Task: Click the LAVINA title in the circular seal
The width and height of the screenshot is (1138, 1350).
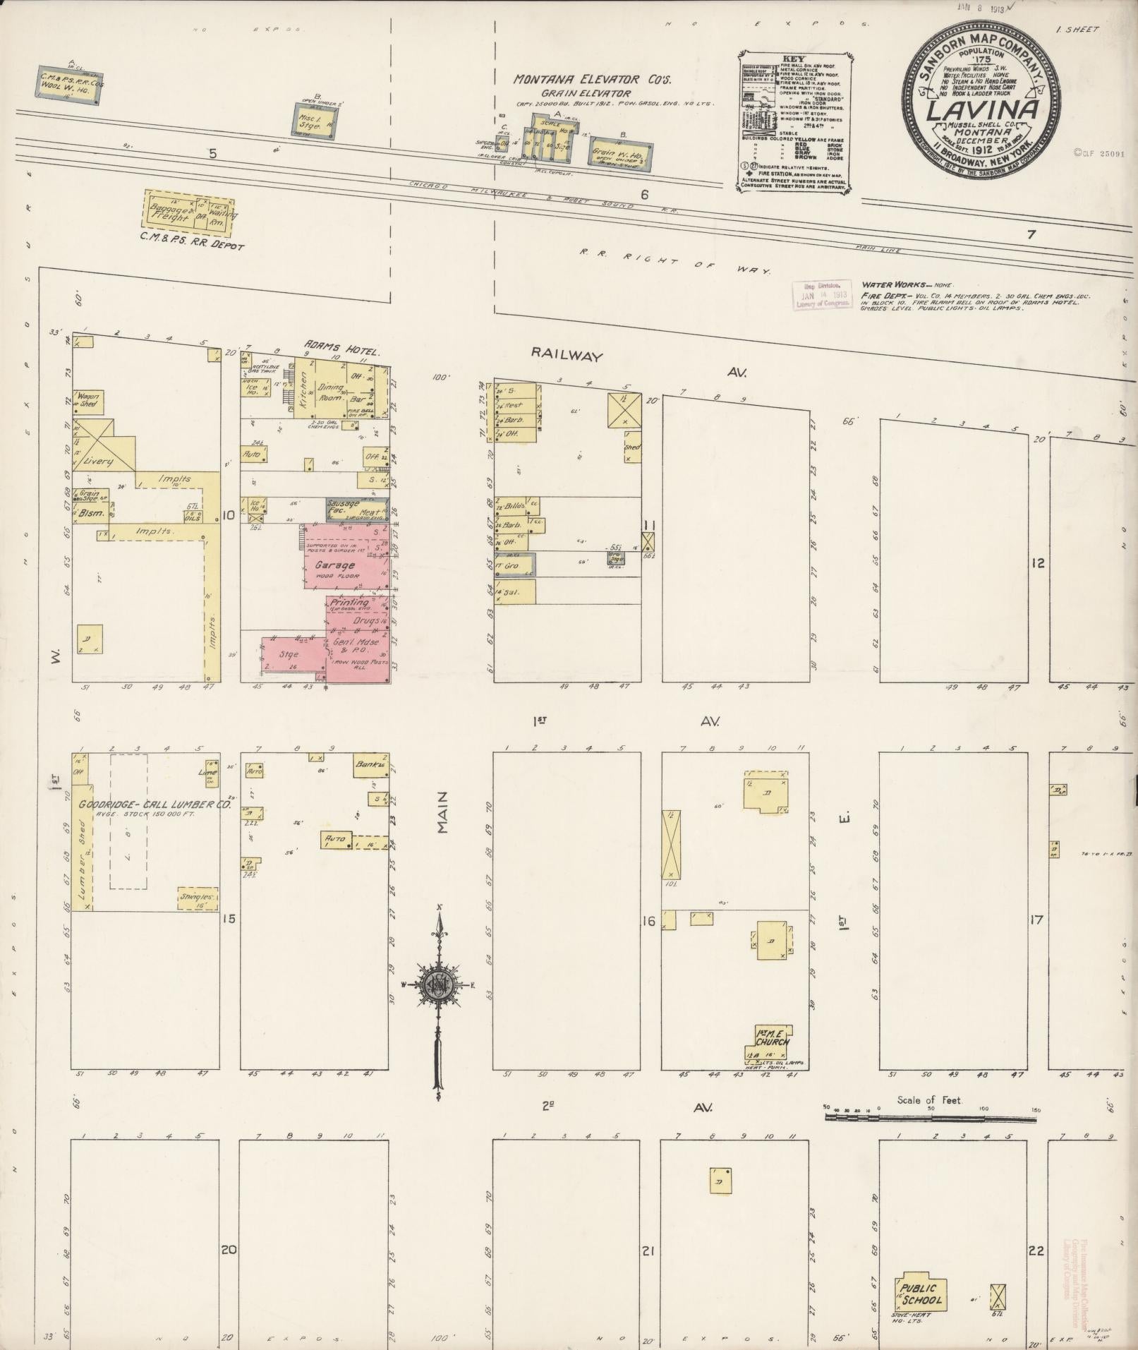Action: (x=981, y=111)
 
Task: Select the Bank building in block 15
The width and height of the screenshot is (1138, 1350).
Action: (x=370, y=766)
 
